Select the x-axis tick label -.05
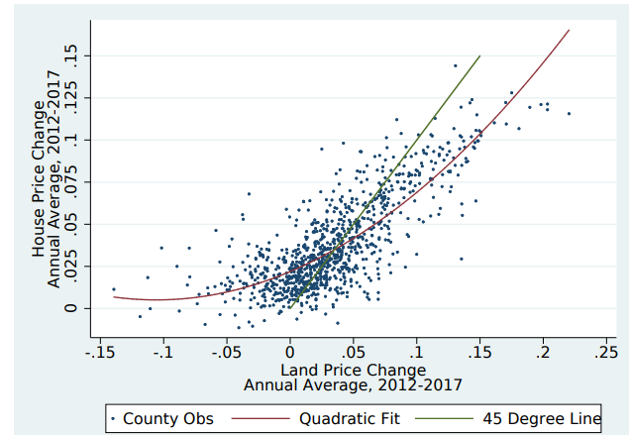[x=226, y=351]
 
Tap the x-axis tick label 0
[x=289, y=351]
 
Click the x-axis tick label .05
[x=353, y=351]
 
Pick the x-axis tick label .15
[x=479, y=351]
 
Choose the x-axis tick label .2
[x=543, y=351]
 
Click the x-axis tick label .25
[x=605, y=351]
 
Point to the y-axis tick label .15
[x=70, y=56]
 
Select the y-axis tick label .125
[x=70, y=98]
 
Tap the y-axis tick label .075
[x=70, y=182]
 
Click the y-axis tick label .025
[x=70, y=266]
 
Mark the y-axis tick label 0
[x=70, y=307]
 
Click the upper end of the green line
[x=479, y=56]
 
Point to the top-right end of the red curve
[x=569, y=30]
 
